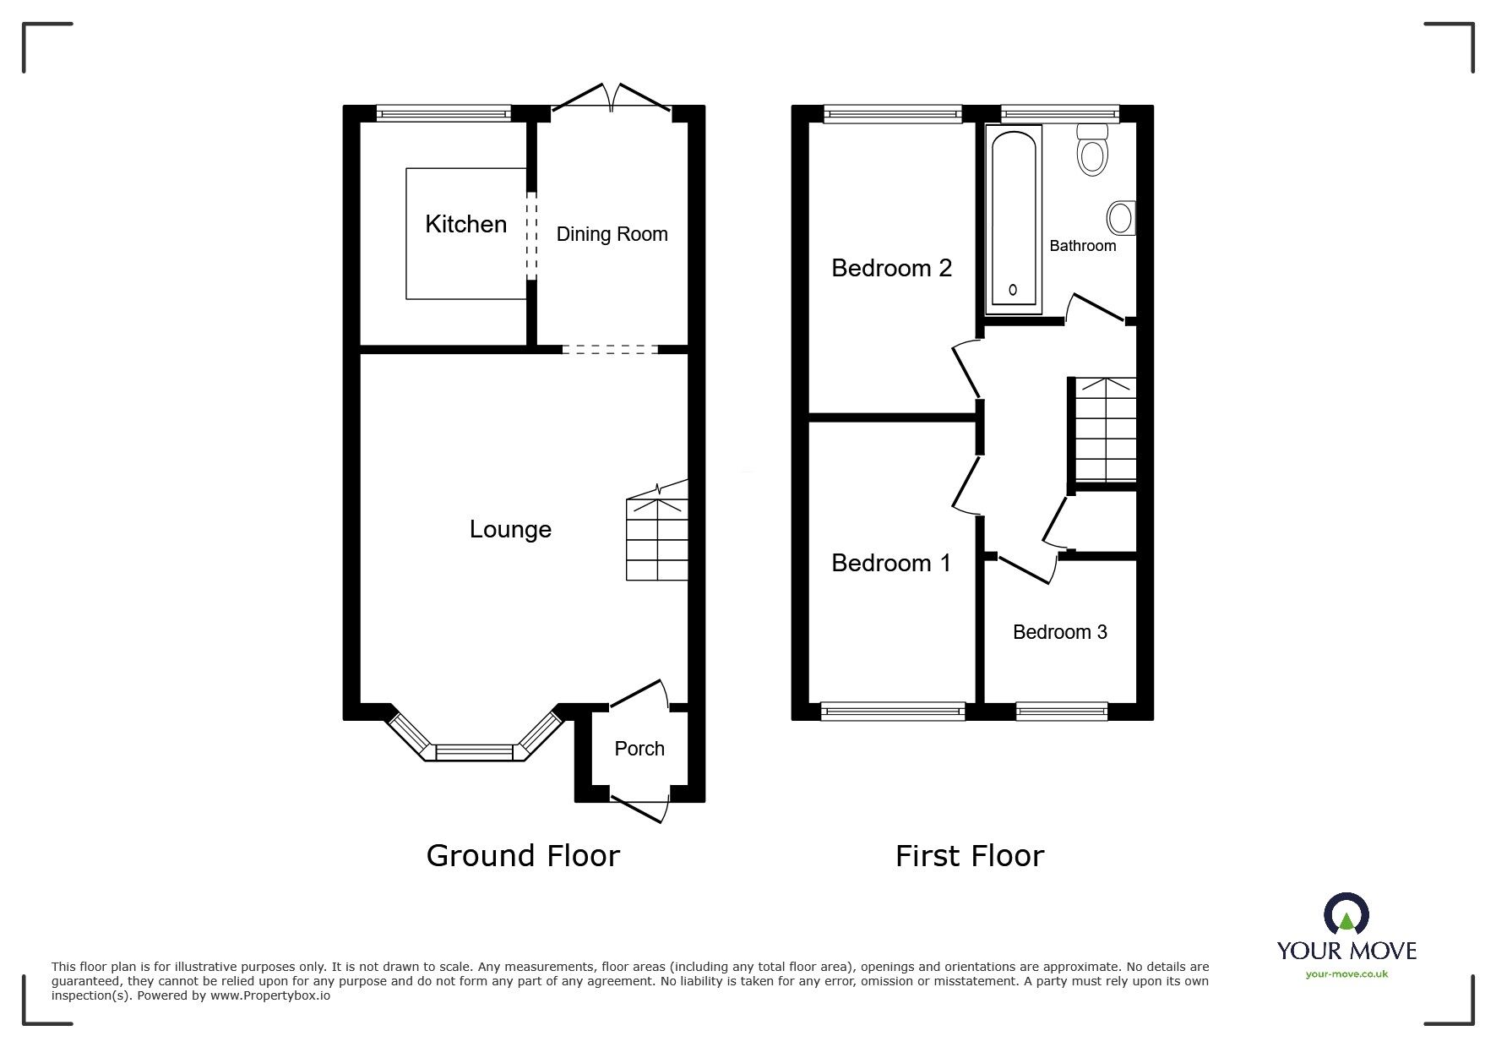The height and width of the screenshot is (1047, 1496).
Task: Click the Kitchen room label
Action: (x=465, y=224)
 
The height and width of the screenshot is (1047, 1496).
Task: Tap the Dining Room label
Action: (x=612, y=234)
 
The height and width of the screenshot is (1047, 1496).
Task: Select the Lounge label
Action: (x=510, y=530)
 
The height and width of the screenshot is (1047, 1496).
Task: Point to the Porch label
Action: (x=639, y=749)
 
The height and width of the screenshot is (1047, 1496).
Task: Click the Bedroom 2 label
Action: (x=891, y=268)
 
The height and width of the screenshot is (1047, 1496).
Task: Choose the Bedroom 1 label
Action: (x=891, y=563)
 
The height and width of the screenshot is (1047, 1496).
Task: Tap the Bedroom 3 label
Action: (x=1060, y=632)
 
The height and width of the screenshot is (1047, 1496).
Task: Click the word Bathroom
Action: (x=1083, y=246)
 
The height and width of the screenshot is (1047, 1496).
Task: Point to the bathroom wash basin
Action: (x=1121, y=218)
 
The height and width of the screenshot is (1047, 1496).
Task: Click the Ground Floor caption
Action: (x=523, y=856)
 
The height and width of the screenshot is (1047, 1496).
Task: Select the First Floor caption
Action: (x=970, y=856)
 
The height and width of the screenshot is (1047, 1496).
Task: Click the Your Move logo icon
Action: (x=1346, y=913)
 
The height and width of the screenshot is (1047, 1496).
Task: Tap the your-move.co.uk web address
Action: (x=1346, y=974)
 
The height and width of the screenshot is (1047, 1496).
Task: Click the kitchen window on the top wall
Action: (x=443, y=113)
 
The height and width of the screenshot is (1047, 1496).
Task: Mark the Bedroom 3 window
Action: (x=1062, y=712)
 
